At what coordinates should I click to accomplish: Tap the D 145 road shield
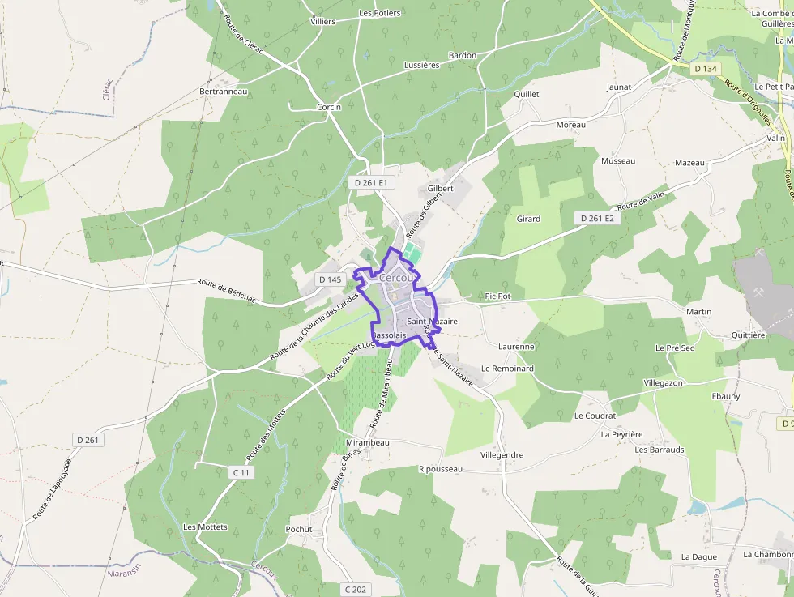(331, 279)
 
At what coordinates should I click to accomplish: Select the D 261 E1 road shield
(371, 183)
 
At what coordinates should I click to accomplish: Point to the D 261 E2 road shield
(598, 219)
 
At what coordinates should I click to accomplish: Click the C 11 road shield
(241, 472)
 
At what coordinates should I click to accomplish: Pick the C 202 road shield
(356, 589)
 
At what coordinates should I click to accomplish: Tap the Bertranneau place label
(223, 92)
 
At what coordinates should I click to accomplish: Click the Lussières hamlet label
(421, 65)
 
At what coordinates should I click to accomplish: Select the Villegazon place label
(663, 382)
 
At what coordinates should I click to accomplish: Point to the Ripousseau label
(441, 469)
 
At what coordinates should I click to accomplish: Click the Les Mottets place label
(205, 527)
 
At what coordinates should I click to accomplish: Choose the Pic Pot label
(497, 296)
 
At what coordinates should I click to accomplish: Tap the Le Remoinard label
(507, 368)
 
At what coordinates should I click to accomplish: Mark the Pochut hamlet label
(299, 530)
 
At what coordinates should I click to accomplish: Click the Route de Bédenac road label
(226, 291)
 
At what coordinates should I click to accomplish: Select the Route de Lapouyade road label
(53, 489)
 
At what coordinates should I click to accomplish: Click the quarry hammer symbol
(759, 292)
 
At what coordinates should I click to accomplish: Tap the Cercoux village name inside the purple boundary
(396, 278)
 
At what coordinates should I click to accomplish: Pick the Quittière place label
(748, 335)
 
